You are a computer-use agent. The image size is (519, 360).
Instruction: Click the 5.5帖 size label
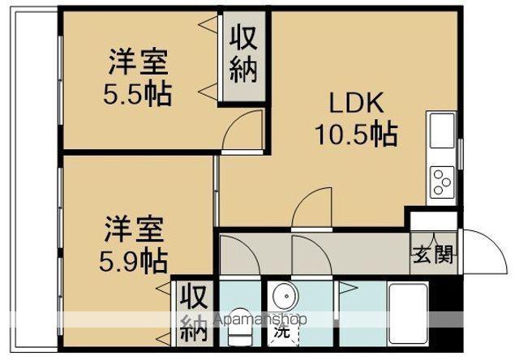tap(136, 95)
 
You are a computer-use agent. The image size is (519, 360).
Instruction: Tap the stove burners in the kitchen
tap(443, 180)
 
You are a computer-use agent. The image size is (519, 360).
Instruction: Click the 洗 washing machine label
tap(281, 330)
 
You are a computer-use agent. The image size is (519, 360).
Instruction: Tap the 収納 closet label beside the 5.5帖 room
tap(243, 54)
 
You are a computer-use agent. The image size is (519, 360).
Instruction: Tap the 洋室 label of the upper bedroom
tap(136, 63)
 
